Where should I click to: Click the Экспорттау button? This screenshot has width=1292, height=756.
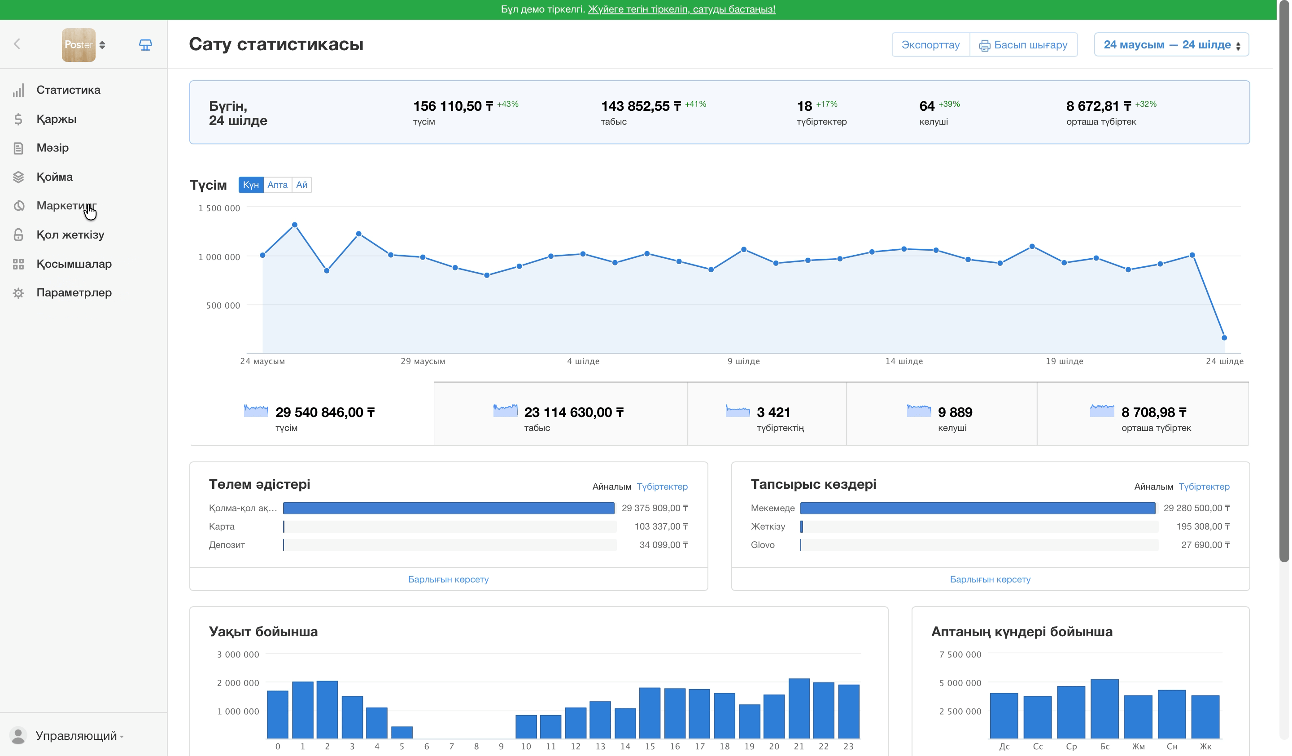(x=930, y=44)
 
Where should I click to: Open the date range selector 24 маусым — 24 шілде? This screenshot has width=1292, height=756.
(x=1171, y=44)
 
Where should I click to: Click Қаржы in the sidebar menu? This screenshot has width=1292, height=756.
(x=57, y=119)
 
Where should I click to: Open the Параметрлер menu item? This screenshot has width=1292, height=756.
(x=74, y=293)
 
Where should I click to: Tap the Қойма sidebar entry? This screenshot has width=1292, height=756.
(x=54, y=177)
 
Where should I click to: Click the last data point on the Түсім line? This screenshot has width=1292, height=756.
(x=1224, y=338)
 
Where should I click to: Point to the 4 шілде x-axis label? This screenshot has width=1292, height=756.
(x=583, y=361)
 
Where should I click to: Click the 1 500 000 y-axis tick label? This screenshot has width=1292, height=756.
(x=219, y=208)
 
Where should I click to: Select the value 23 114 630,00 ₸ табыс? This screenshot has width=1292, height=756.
(x=574, y=413)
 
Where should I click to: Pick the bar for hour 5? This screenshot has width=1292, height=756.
(x=402, y=732)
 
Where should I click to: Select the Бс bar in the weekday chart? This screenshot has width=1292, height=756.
(x=1104, y=709)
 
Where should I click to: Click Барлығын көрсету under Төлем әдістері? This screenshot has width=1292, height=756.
(x=448, y=579)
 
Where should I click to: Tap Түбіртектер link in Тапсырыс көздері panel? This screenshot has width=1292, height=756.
(x=1204, y=487)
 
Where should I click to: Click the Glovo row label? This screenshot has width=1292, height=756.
(x=762, y=545)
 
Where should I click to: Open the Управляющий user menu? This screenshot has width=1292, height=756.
(x=76, y=735)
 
